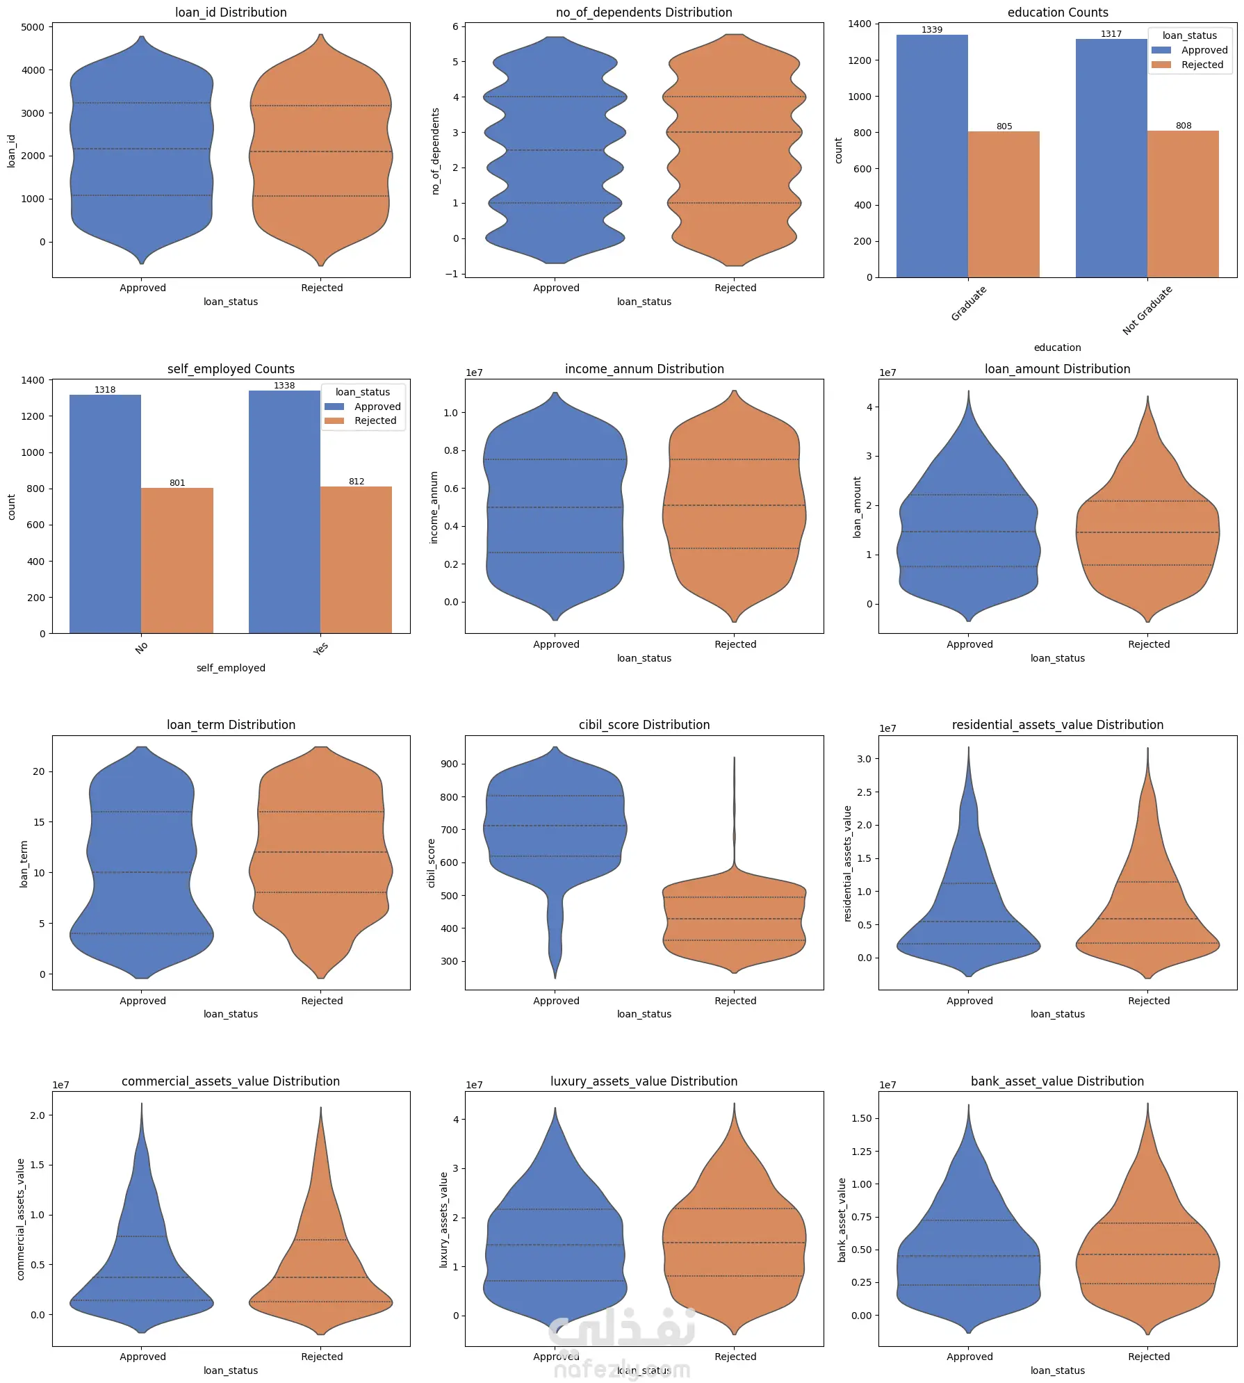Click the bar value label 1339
931,30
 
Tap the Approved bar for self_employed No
105,514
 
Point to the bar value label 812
357,482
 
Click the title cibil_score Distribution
644,725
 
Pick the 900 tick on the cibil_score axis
449,764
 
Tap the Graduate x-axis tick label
968,304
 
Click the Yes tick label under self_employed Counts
320,648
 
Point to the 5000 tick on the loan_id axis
33,27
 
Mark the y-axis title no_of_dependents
436,151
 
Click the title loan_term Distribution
231,725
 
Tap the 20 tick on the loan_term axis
38,771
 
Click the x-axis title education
1057,347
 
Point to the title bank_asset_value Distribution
1056,1081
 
